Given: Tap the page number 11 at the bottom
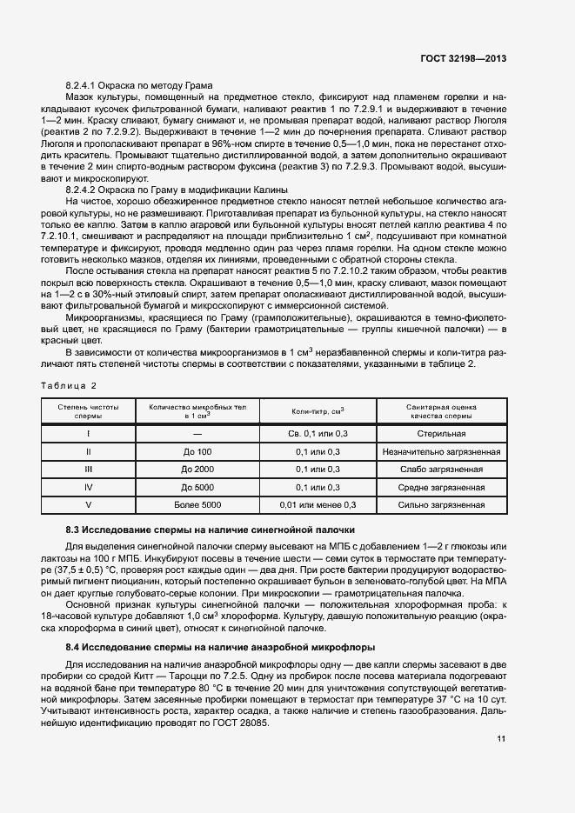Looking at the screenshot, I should (501, 739).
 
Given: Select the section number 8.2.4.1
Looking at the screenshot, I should (85, 85).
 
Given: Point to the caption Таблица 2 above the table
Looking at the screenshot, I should (70, 384).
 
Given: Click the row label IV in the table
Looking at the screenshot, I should (88, 487).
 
